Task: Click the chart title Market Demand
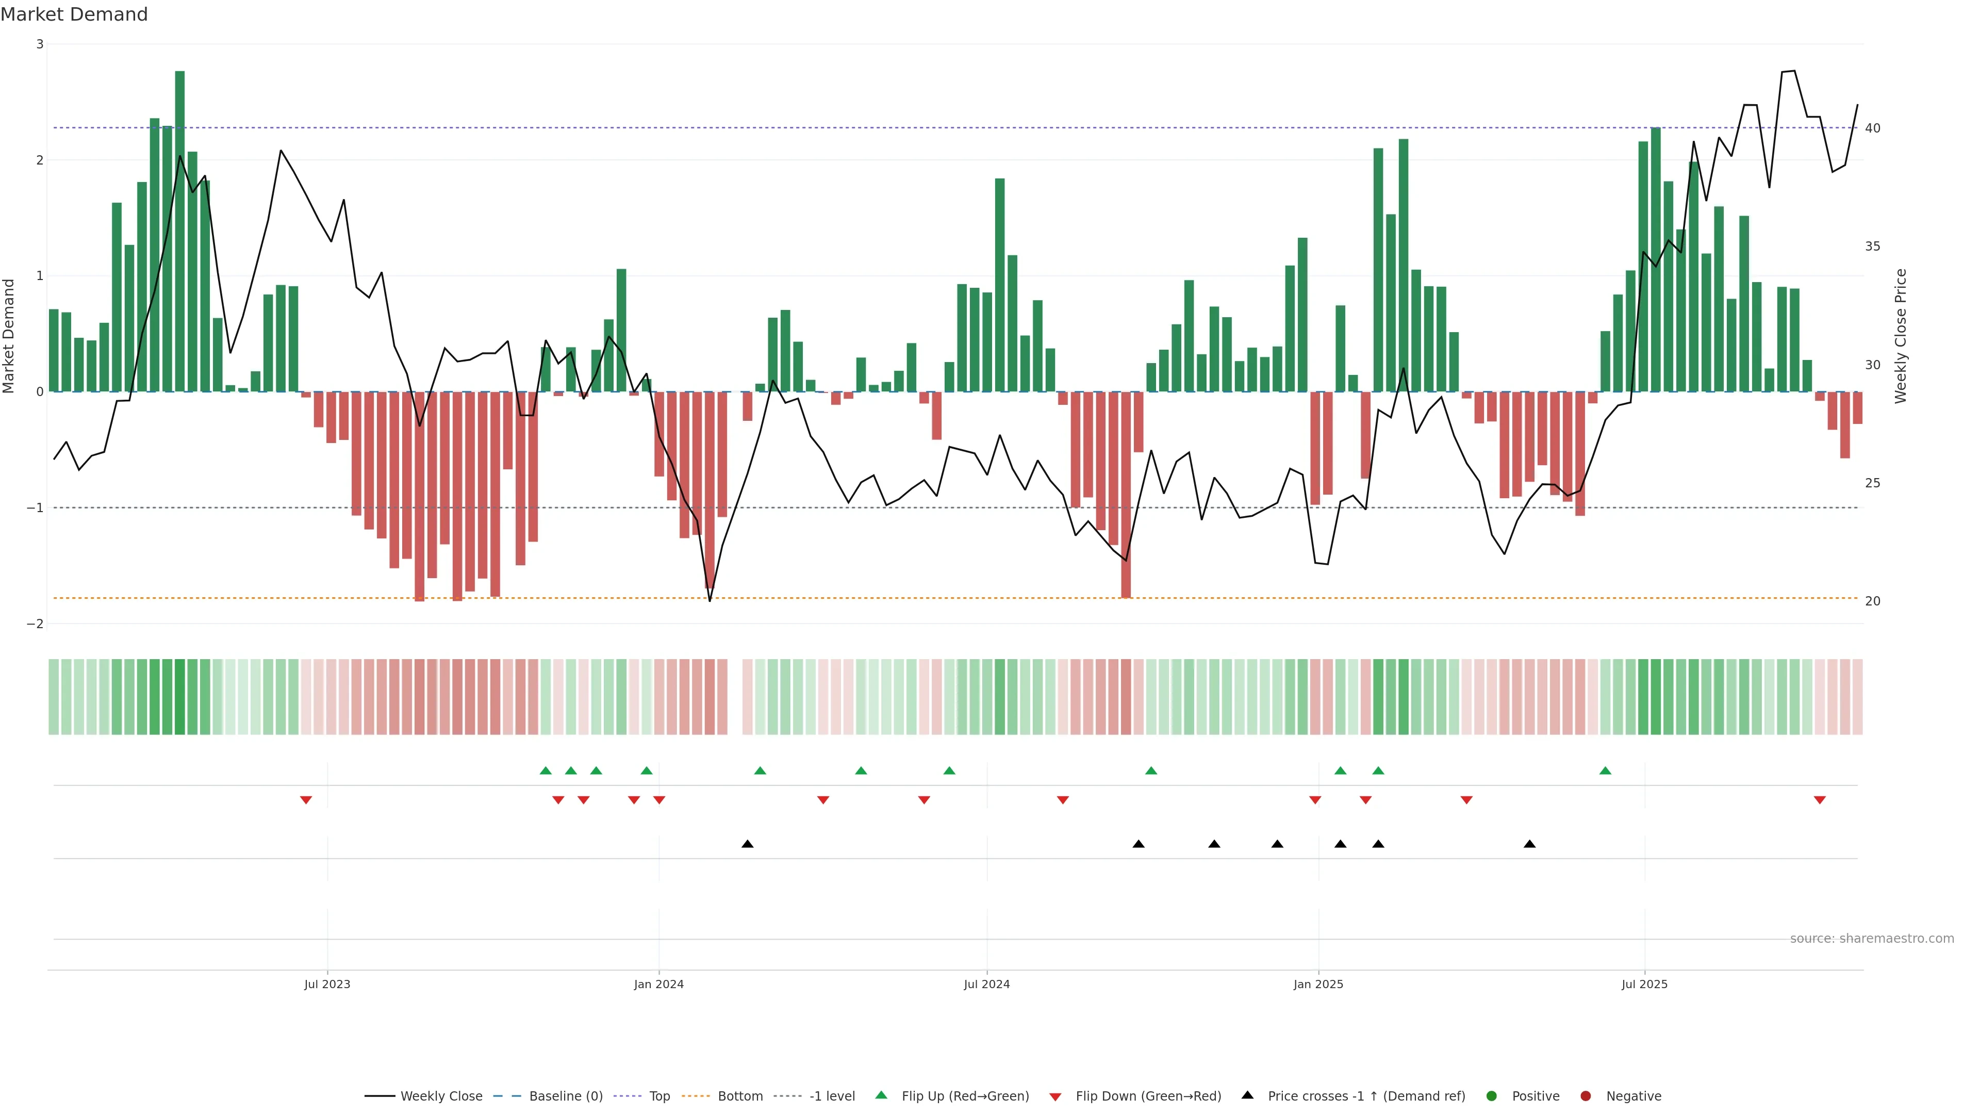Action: click(74, 14)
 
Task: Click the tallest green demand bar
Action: click(180, 231)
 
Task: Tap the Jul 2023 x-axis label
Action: click(327, 984)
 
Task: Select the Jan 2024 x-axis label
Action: click(659, 984)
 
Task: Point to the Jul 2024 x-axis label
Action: click(987, 984)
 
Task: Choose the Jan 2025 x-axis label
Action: click(1318, 984)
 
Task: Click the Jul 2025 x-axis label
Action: click(1644, 984)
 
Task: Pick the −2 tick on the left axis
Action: click(36, 624)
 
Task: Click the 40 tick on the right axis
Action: click(1873, 128)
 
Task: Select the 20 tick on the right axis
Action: click(1873, 601)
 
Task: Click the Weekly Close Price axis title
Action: click(1901, 336)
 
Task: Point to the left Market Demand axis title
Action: click(9, 336)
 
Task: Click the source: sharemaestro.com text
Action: click(1872, 939)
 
